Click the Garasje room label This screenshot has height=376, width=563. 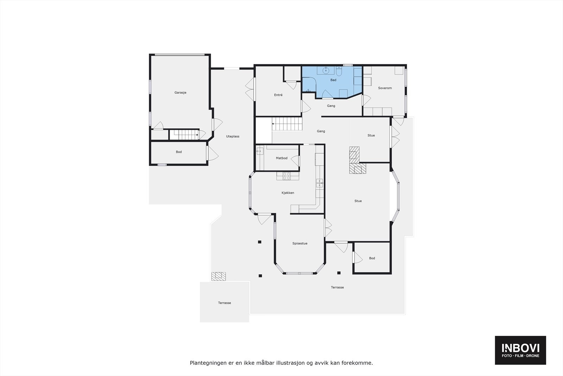click(x=180, y=93)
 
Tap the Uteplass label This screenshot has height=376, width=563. click(x=233, y=136)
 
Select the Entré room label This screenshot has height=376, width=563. click(x=278, y=95)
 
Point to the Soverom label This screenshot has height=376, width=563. click(x=385, y=88)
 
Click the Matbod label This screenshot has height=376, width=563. click(x=281, y=158)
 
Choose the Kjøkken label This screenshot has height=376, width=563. click(x=287, y=193)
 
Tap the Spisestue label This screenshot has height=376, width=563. click(x=300, y=244)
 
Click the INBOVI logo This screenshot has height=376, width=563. click(x=520, y=350)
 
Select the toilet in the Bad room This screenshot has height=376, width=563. click(x=339, y=72)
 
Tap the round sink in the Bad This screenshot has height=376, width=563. click(x=326, y=70)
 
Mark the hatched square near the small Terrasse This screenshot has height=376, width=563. click(x=218, y=276)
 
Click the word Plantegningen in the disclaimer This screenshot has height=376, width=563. click(x=205, y=363)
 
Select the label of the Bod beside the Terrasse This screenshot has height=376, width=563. click(x=372, y=258)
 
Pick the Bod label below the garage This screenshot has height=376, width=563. click(x=179, y=152)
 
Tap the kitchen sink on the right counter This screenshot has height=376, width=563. click(x=320, y=183)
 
